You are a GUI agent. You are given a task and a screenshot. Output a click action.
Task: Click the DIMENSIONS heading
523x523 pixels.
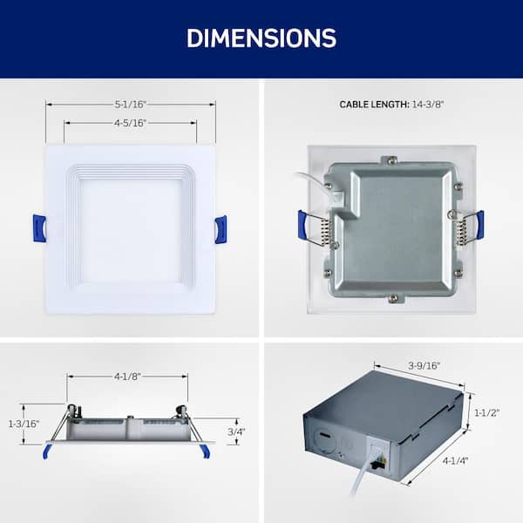(261, 38)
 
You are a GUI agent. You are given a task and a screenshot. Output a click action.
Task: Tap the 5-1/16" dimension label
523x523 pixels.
(131, 105)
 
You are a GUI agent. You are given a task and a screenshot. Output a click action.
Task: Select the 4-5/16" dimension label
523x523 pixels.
(131, 123)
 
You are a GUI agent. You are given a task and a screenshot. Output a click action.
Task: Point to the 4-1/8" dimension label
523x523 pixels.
(127, 377)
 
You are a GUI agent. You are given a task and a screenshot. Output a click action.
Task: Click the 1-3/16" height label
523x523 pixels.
(24, 424)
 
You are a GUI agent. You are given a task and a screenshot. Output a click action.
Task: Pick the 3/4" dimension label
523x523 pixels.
(236, 431)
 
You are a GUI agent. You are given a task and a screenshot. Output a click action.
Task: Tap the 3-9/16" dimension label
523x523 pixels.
(425, 365)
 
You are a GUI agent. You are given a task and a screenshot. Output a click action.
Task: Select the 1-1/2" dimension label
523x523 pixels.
(487, 413)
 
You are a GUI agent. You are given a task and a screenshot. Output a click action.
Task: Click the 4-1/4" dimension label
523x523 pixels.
(455, 460)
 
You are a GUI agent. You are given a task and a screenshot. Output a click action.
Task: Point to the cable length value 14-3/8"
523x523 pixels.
(428, 105)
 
